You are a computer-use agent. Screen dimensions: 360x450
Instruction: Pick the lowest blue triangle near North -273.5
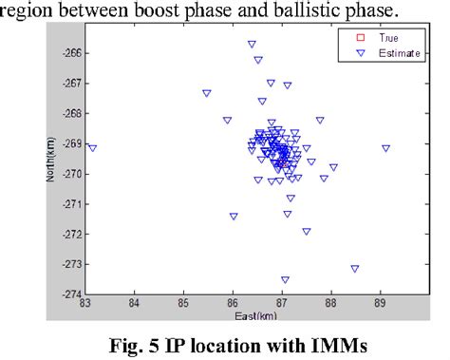click(285, 279)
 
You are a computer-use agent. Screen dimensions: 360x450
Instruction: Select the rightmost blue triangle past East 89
click(385, 148)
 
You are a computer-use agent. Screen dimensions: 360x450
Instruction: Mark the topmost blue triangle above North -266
click(252, 44)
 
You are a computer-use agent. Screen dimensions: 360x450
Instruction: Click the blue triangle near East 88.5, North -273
click(354, 269)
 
